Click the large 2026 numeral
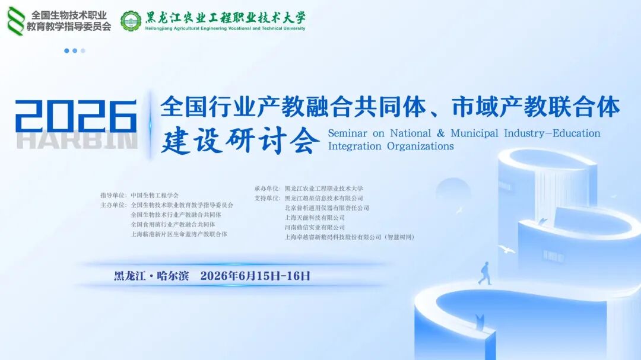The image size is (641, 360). click(x=75, y=116)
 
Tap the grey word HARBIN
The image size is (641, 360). click(x=77, y=140)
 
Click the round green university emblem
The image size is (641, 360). click(x=131, y=21)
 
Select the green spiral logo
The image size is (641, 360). click(x=15, y=21)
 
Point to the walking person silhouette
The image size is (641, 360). click(x=485, y=273)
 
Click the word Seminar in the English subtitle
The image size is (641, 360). click(x=347, y=133)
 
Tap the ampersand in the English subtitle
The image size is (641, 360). click(x=440, y=133)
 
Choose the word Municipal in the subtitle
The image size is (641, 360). click(x=474, y=133)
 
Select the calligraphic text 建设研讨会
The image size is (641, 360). click(x=240, y=141)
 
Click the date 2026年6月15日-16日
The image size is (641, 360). click(x=255, y=276)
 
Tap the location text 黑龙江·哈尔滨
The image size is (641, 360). click(x=151, y=276)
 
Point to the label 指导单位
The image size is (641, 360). click(x=113, y=195)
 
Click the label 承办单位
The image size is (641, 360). click(x=267, y=189)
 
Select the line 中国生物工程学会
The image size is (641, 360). click(x=154, y=195)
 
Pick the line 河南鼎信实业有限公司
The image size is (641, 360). click(x=315, y=227)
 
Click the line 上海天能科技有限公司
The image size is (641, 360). click(x=315, y=218)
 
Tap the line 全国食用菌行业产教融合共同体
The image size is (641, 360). click(x=173, y=224)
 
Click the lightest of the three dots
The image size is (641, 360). click(x=83, y=50)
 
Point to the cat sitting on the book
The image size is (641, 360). click(x=480, y=321)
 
